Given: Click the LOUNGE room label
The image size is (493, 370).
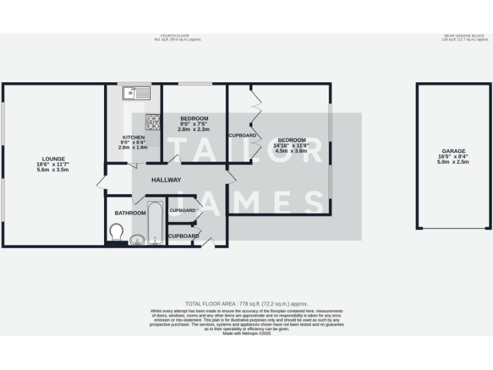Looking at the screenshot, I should [x=53, y=159].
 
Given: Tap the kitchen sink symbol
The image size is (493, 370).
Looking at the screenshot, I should [x=137, y=94].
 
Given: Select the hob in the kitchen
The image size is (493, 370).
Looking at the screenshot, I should [x=153, y=121].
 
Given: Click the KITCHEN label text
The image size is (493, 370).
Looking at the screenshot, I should [x=133, y=137].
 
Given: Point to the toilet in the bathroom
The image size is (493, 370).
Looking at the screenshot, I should [x=116, y=232].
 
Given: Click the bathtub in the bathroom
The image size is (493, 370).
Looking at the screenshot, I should [x=155, y=223].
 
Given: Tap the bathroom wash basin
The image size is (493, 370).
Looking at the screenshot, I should [x=137, y=240].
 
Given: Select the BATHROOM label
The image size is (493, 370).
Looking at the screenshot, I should [x=130, y=213].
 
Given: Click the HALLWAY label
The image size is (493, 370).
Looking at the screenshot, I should [x=166, y=180].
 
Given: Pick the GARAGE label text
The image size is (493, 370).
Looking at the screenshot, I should [x=453, y=151].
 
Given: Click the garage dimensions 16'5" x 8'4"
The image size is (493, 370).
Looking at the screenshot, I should [x=453, y=157].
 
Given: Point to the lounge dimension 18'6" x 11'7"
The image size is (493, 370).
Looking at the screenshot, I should [x=53, y=164].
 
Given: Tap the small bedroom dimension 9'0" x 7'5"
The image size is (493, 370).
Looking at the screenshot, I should [x=194, y=124].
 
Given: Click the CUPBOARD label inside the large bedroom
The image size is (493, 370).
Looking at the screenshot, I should [x=243, y=136].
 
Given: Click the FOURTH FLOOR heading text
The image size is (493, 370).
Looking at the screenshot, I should [x=178, y=35].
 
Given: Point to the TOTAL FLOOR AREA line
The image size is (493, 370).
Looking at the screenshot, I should [x=246, y=303].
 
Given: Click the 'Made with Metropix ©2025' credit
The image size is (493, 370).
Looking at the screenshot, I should [x=246, y=333].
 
